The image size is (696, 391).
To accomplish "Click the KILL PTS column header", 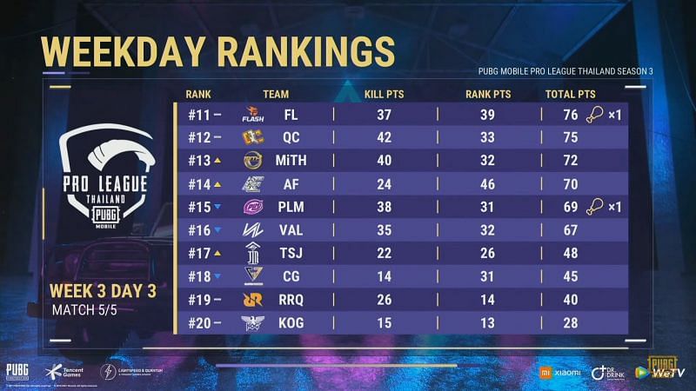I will tap(384, 94).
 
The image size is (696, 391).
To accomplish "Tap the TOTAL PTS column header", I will tap(570, 94).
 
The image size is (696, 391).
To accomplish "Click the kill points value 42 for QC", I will tap(384, 136).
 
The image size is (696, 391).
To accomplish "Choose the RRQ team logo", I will tap(253, 300).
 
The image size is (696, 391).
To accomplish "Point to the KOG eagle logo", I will tap(253, 323).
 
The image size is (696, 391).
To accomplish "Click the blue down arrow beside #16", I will tap(217, 230).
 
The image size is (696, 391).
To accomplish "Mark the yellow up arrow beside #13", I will tap(217, 160).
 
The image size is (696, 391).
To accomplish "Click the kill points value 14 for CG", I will tap(384, 276).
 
